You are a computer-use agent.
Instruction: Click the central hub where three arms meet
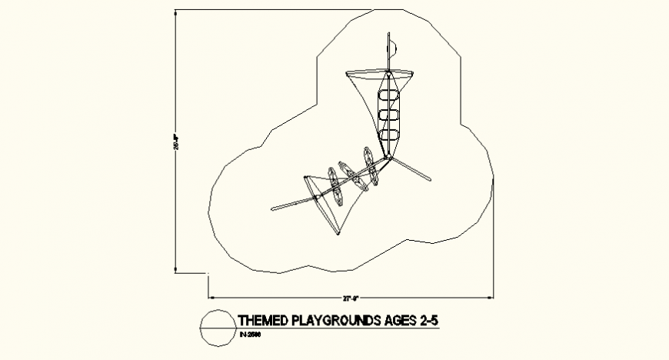[x=389, y=158]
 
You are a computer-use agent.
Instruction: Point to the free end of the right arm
[x=431, y=180]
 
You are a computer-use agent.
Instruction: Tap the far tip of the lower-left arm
[x=274, y=208]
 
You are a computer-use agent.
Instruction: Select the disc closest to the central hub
[x=371, y=167]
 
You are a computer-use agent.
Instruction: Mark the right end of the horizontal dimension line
[x=493, y=296]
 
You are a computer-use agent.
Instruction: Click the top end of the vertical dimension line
[x=176, y=12]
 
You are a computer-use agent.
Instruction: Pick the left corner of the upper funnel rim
[x=347, y=73]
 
